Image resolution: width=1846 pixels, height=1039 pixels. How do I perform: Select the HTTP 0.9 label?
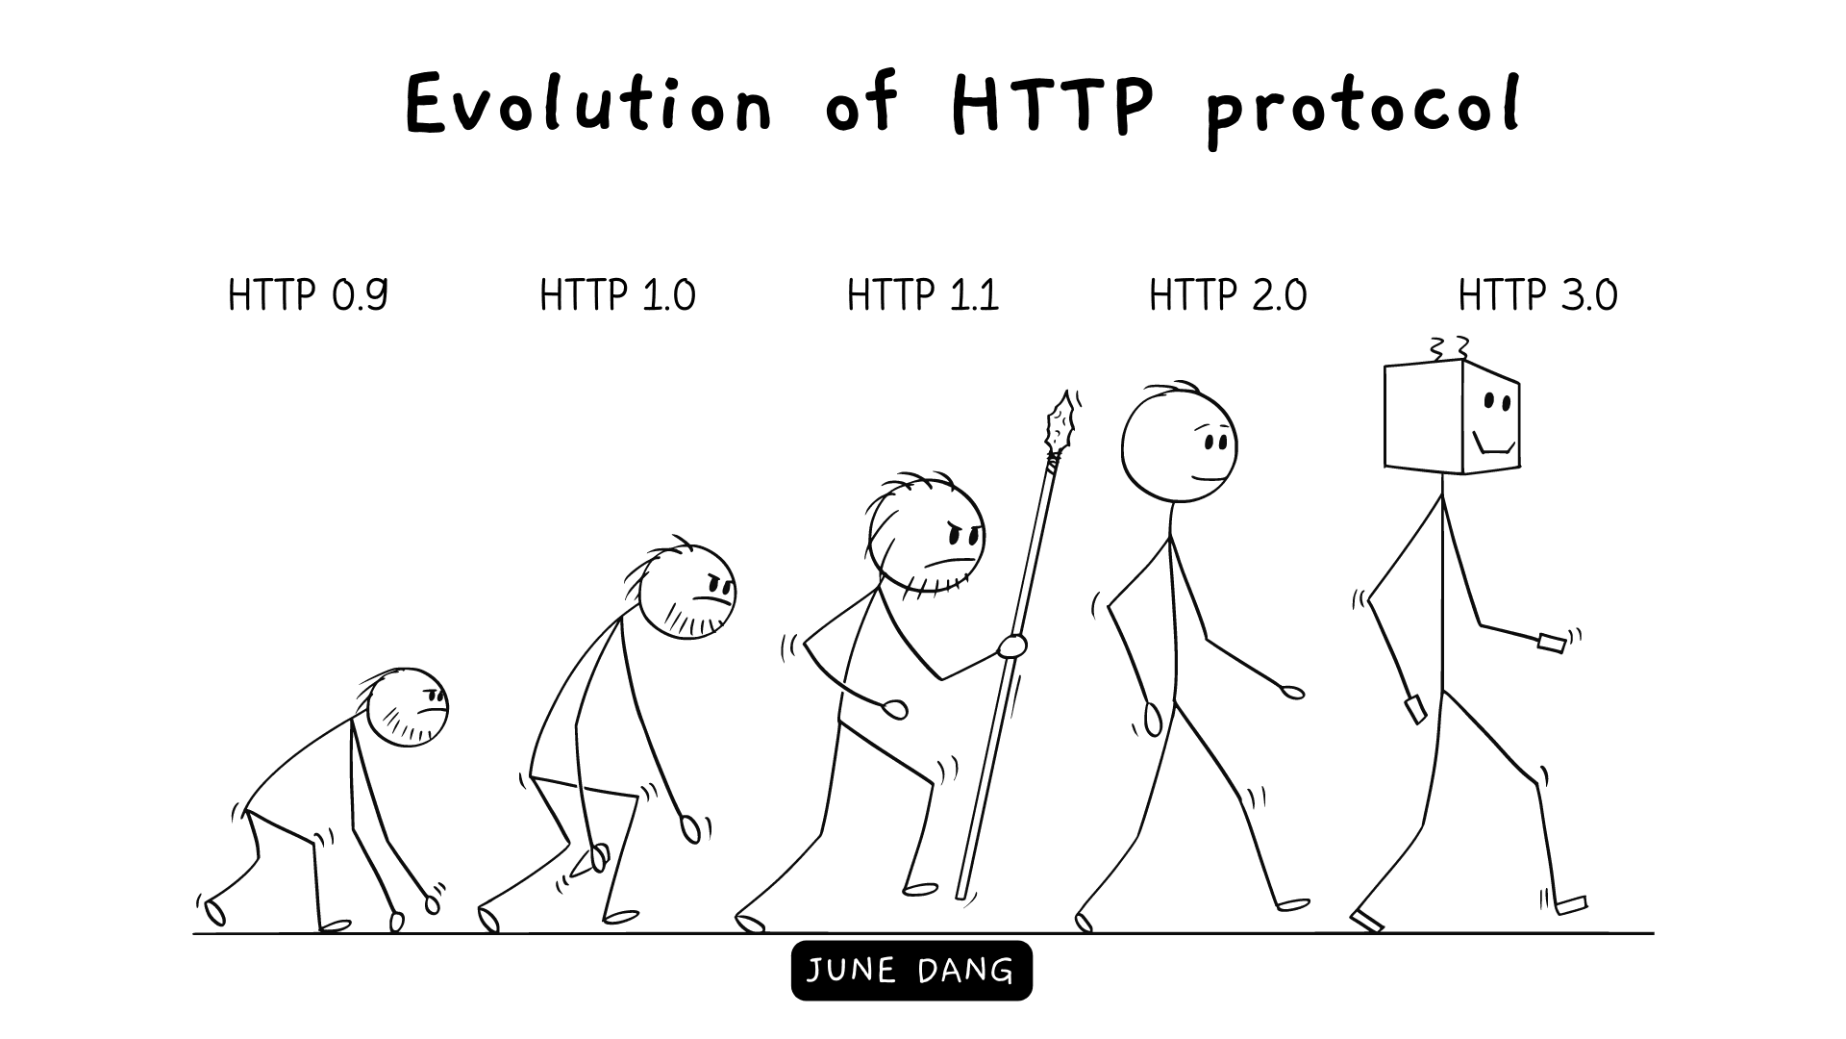click(308, 294)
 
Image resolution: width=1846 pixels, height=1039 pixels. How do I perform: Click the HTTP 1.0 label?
click(617, 294)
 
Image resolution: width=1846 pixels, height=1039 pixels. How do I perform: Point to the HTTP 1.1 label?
click(923, 294)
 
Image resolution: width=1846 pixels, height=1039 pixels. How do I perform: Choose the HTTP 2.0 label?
click(1228, 294)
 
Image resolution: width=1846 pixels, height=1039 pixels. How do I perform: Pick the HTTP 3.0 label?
click(1537, 294)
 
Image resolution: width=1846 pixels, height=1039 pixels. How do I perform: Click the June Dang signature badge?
click(911, 970)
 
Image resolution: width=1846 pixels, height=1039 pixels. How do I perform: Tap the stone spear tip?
click(1061, 420)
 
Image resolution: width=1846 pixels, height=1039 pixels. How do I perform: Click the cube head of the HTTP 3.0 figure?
click(1453, 418)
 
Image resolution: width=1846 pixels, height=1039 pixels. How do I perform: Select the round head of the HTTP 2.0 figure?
click(1179, 445)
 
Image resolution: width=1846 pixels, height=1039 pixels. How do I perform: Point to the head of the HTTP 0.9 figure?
click(408, 708)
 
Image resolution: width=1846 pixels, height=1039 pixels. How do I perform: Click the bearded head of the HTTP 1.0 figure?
click(686, 592)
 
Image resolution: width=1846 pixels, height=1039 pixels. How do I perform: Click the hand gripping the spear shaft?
click(1012, 646)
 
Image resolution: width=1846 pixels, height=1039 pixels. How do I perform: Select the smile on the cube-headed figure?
click(1493, 444)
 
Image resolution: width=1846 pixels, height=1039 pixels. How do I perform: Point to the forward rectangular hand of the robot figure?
click(1551, 643)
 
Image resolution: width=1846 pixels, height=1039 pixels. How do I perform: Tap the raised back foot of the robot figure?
click(1571, 904)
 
